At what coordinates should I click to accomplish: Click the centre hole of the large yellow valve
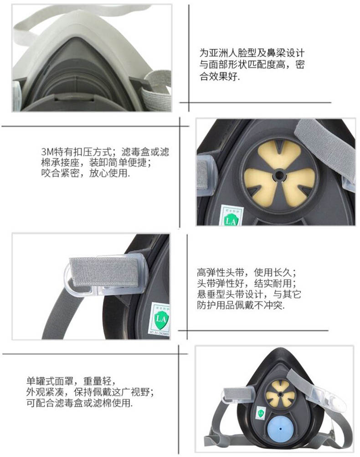click(x=279, y=176)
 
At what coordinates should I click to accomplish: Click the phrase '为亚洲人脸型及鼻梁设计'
click(x=252, y=53)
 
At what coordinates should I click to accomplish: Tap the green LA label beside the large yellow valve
click(x=231, y=216)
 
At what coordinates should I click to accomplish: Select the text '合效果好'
click(x=219, y=76)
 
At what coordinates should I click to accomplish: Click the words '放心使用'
click(x=108, y=173)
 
